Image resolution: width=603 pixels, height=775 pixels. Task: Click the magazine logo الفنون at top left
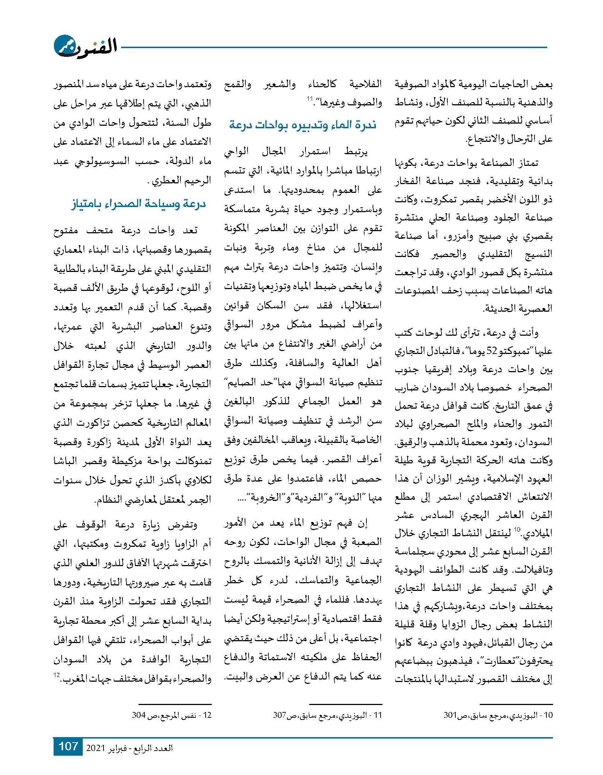tap(85, 46)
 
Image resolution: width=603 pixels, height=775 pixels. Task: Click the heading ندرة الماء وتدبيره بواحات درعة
tap(303, 125)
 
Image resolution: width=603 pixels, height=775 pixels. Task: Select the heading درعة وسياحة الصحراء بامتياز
tap(138, 203)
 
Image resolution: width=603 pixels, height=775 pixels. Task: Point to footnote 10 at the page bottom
tap(498, 715)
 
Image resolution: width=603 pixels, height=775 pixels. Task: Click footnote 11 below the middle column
tap(327, 715)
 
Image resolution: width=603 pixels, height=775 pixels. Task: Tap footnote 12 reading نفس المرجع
tap(172, 715)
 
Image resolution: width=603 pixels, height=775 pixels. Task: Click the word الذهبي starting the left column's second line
tap(199, 104)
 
